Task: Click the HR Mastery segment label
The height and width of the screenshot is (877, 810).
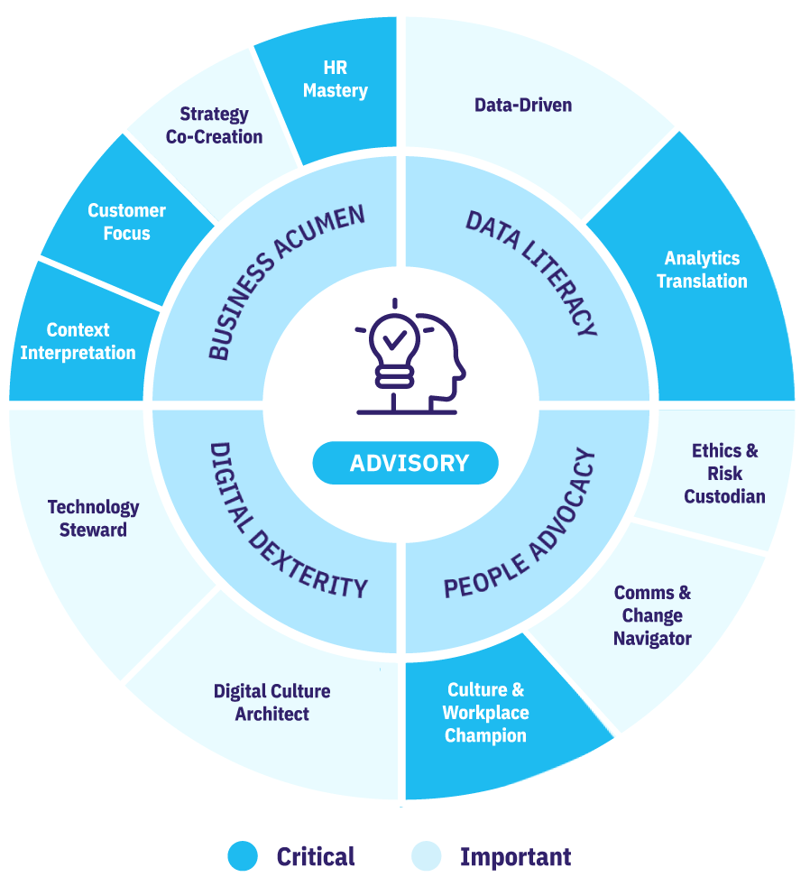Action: (335, 79)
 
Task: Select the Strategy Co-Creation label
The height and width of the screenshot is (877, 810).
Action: (214, 125)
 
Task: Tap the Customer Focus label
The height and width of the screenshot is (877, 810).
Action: (126, 222)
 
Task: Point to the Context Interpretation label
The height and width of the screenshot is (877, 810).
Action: (78, 341)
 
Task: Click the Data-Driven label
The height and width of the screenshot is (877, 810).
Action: (523, 106)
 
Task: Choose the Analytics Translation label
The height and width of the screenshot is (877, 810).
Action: (702, 270)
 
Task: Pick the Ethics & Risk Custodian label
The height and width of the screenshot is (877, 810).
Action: (724, 473)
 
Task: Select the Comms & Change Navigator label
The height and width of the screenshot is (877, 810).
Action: (652, 615)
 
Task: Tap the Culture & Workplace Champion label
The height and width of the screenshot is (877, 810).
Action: (485, 713)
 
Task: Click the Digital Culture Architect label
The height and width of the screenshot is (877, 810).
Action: (272, 702)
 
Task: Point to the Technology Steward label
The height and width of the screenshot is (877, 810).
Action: (93, 518)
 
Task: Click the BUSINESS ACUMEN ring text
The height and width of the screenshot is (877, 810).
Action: (286, 282)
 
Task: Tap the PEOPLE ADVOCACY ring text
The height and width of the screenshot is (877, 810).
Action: (520, 524)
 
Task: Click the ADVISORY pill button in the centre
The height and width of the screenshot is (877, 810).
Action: (405, 464)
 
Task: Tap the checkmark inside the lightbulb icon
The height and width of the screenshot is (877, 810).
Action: (393, 341)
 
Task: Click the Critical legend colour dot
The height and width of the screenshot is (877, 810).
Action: (242, 855)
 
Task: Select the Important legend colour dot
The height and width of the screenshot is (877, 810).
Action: (426, 855)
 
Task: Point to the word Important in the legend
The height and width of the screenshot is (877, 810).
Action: (515, 856)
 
